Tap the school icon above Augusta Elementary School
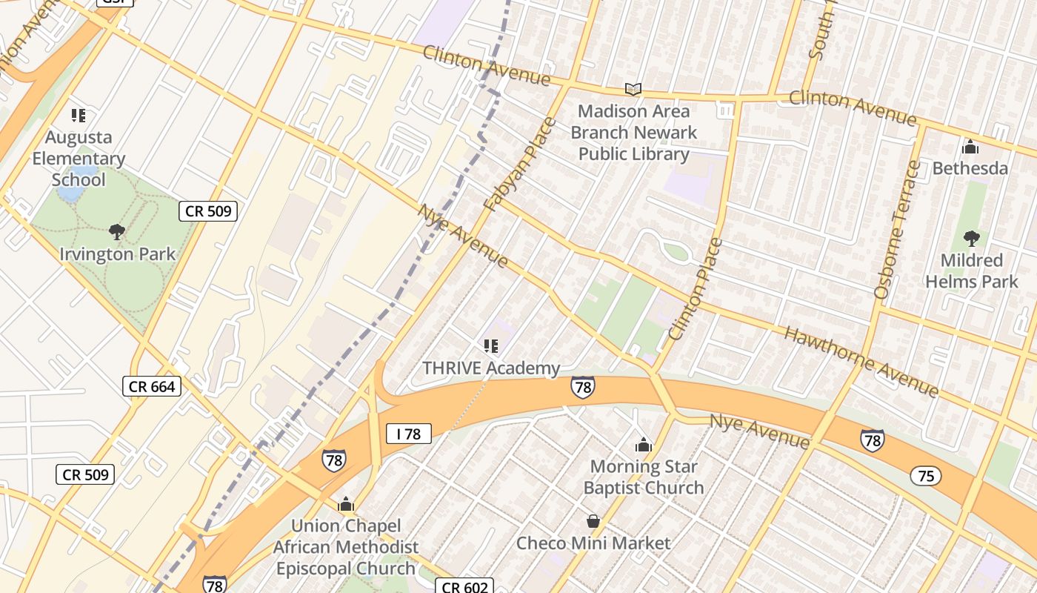pos(79,116)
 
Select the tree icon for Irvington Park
pos(116,232)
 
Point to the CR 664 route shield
pos(152,386)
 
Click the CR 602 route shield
pos(464,587)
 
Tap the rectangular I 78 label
pos(408,434)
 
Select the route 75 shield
pos(926,476)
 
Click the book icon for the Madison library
pos(633,90)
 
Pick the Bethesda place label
pos(970,168)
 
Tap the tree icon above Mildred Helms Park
pos(971,239)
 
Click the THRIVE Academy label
pos(491,368)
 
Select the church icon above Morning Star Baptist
pos(644,445)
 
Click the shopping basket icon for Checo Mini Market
pos(593,521)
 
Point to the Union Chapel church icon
pos(346,505)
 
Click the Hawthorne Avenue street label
pos(861,362)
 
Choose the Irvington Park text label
pos(118,254)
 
